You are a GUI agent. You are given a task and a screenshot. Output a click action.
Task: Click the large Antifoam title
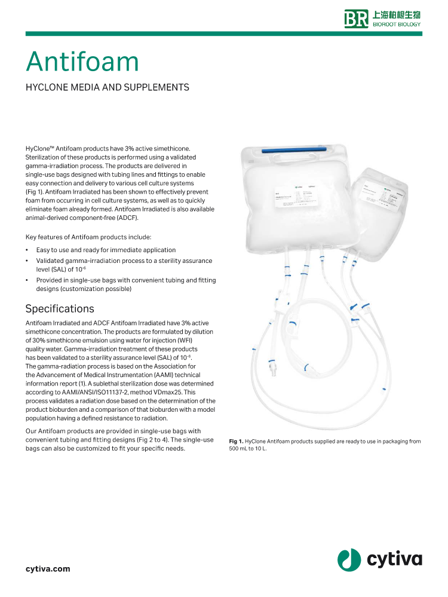tap(82, 62)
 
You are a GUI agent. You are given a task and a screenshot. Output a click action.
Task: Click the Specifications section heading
tap(60, 309)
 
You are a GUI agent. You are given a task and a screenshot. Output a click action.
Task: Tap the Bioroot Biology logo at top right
tap(382, 19)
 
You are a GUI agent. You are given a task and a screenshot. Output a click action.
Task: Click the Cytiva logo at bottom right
tap(379, 559)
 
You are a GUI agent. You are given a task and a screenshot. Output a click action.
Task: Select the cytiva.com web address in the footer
tap(48, 568)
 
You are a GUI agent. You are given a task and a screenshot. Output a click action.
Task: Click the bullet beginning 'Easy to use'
tap(106, 250)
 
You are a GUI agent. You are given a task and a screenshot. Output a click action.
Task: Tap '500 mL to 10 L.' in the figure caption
tap(248, 449)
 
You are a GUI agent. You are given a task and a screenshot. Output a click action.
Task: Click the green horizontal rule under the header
tap(224, 34)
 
